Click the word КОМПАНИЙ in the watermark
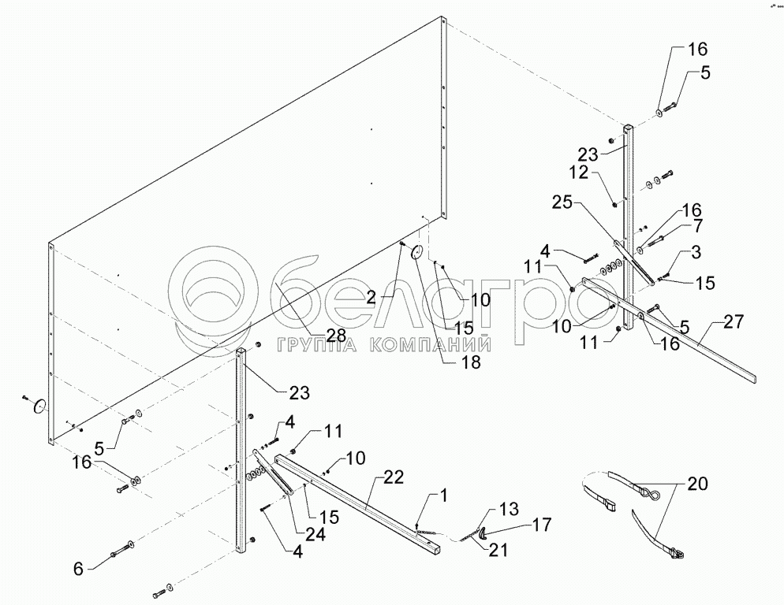[425, 344]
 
